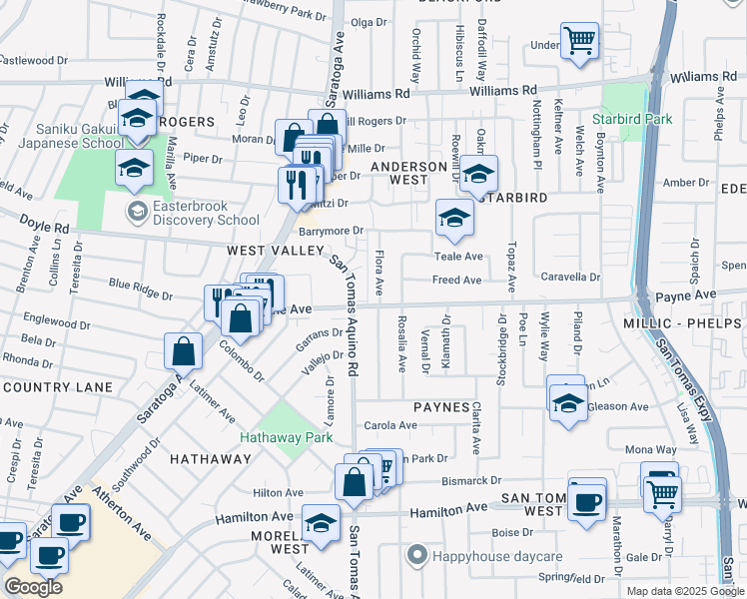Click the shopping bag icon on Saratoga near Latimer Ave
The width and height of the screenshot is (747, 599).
coord(184,351)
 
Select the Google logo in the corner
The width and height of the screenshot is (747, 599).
coord(33,587)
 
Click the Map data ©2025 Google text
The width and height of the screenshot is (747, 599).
coord(685,590)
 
